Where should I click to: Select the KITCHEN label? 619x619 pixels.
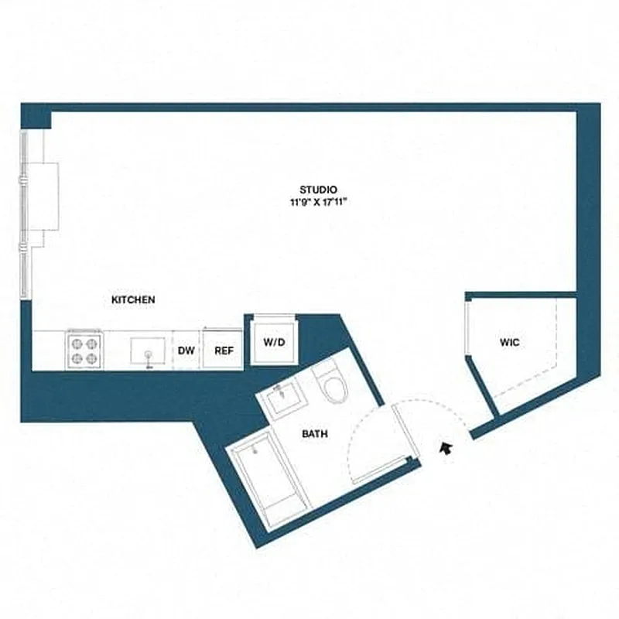click(x=134, y=299)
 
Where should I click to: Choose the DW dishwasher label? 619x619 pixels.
click(x=186, y=351)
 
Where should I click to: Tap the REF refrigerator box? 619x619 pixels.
click(x=224, y=351)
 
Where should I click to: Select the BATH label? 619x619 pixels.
click(x=315, y=434)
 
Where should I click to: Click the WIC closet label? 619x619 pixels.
click(x=508, y=342)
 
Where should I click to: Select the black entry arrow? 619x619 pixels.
click(x=446, y=448)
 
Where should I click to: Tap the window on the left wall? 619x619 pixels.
click(x=25, y=213)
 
